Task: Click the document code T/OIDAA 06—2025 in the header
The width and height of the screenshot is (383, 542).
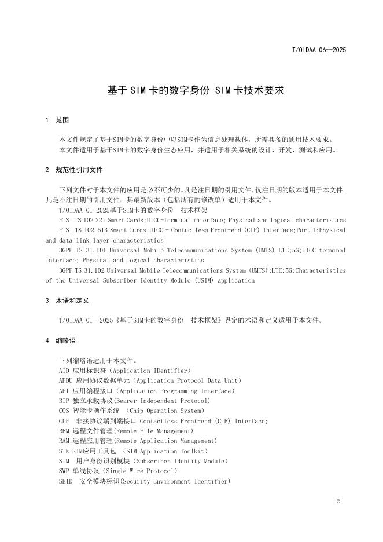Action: point(318,50)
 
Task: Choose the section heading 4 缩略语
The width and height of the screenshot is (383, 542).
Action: point(60,340)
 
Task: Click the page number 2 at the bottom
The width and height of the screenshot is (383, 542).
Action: point(337,501)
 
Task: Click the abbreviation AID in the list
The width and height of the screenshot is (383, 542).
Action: point(65,371)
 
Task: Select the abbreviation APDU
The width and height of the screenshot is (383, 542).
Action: point(67,380)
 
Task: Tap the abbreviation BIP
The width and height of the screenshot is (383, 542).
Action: point(65,401)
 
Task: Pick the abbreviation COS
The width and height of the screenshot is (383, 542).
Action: point(65,411)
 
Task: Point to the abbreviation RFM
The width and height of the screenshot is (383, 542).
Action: point(65,431)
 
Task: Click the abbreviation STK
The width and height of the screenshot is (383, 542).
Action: point(65,451)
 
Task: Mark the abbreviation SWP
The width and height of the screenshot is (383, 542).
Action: point(65,471)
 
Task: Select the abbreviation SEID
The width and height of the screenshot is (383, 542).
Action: point(66,482)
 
